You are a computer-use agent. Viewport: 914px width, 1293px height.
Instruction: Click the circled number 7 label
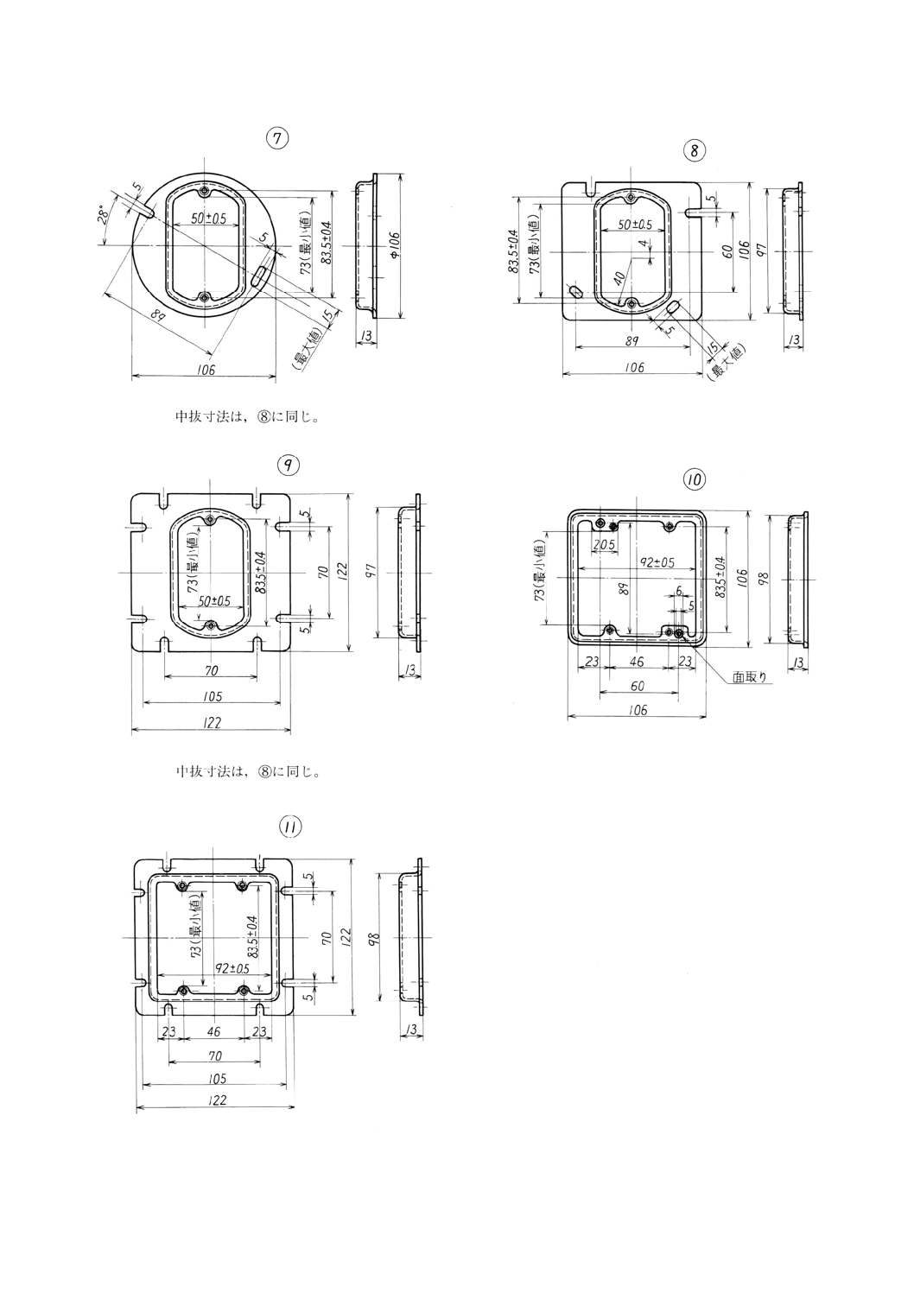coord(276,137)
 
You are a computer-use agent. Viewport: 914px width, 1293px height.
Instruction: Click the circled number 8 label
coord(695,150)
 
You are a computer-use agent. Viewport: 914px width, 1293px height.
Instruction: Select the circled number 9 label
coord(288,465)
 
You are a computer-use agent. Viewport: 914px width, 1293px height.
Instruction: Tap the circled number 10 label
coord(694,478)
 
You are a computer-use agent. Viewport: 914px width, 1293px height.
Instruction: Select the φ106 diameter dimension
coord(393,245)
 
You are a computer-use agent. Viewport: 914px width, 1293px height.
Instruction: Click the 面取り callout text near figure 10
coord(750,677)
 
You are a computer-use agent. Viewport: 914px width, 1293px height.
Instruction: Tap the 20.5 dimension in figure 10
coord(603,545)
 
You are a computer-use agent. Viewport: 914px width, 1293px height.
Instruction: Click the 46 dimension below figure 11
coord(213,1031)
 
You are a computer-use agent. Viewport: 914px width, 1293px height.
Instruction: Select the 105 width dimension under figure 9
coord(212,695)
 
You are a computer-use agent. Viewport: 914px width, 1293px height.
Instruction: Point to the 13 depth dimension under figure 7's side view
coord(365,336)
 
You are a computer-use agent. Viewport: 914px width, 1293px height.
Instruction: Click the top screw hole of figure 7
coord(203,192)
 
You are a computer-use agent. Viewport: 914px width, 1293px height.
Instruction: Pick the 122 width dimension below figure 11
coord(217,1100)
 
